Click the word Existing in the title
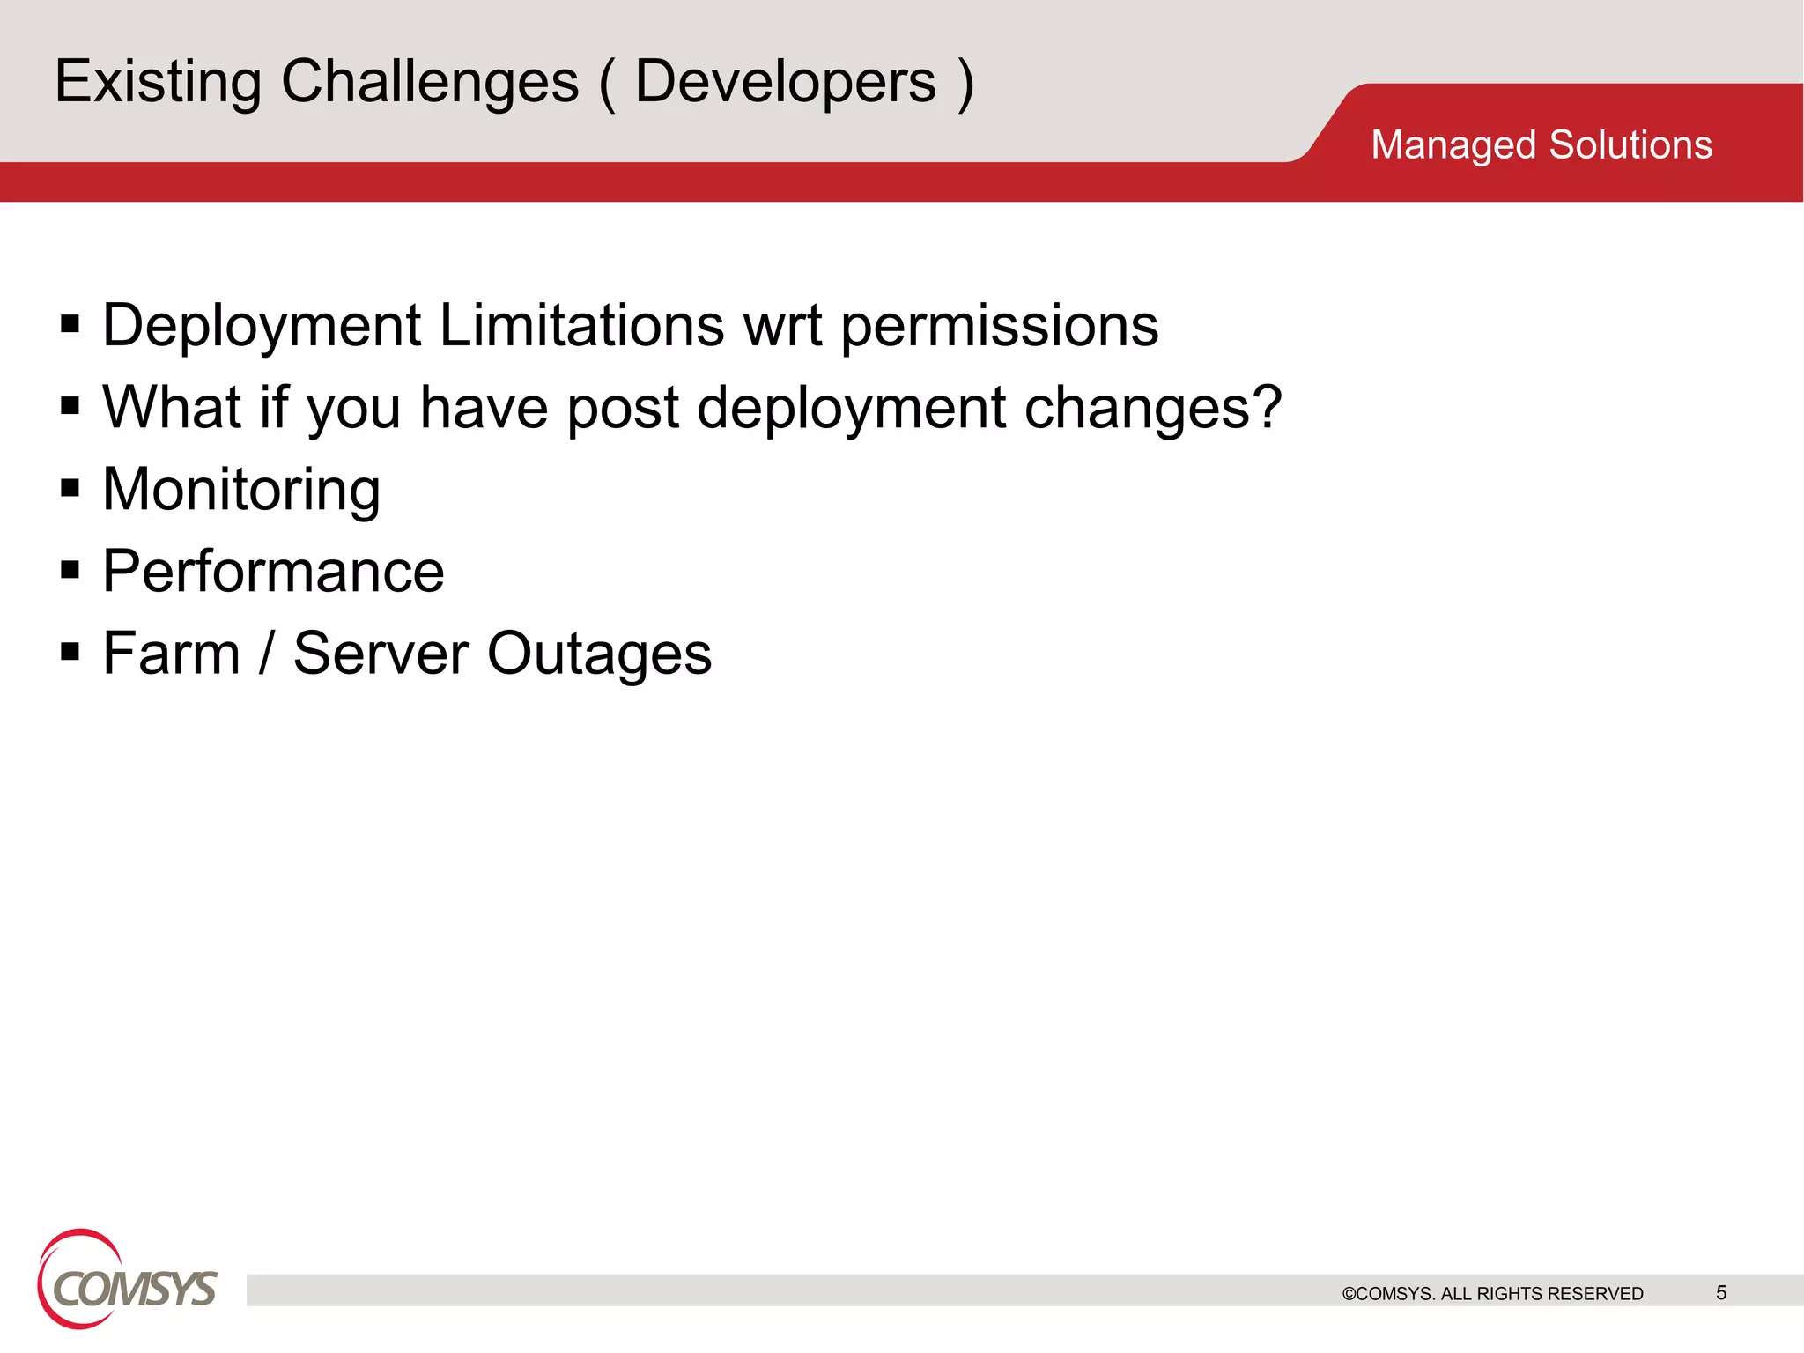point(158,82)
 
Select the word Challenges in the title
point(430,82)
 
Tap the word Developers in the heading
point(785,82)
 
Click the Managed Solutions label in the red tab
point(1541,145)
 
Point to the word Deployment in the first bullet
point(262,327)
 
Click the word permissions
point(999,327)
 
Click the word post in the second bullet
point(623,409)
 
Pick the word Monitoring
point(241,490)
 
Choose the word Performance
point(273,572)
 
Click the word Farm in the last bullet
point(171,654)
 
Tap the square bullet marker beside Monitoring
point(70,488)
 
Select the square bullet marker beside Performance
point(70,570)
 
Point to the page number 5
point(1720,1292)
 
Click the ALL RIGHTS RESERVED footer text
point(1542,1293)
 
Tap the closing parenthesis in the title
point(965,84)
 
